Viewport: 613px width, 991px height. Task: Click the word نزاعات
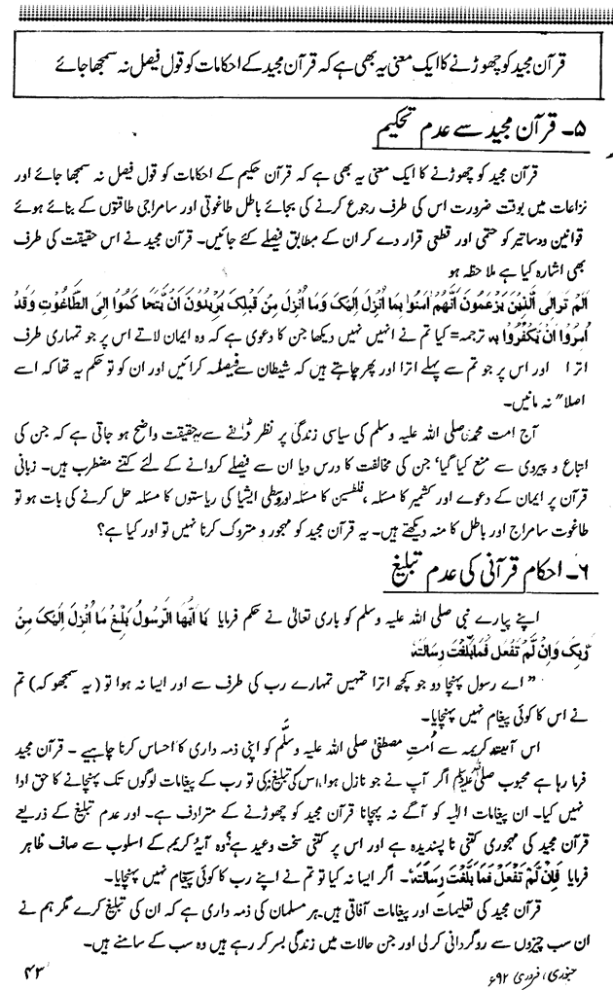click(x=584, y=201)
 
